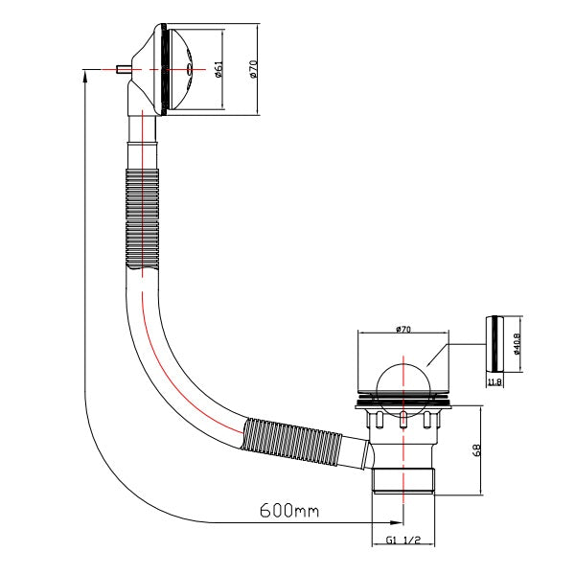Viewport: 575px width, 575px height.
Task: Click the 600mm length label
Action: click(289, 510)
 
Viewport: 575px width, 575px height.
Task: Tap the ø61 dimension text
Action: click(218, 69)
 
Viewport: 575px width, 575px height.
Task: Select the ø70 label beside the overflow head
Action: click(253, 69)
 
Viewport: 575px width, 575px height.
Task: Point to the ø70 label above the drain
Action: click(403, 330)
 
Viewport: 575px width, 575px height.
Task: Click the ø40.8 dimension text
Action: click(517, 344)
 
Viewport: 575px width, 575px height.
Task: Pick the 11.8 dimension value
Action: click(494, 382)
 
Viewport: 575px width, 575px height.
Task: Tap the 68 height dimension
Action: click(476, 450)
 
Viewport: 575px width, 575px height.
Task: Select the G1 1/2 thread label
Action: click(403, 540)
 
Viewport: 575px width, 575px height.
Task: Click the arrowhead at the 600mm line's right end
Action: click(398, 522)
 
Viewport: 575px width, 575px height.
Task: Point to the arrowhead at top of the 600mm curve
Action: click(85, 77)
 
